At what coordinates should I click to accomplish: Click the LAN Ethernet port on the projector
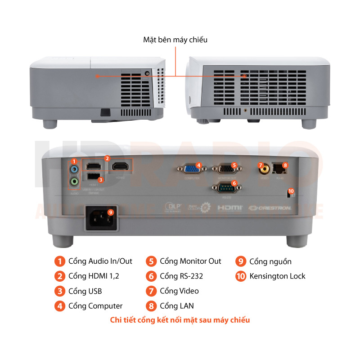click(x=280, y=169)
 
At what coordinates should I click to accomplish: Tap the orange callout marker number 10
click(x=291, y=191)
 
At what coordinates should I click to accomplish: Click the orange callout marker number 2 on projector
click(x=107, y=158)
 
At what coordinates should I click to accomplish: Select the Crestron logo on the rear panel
click(x=270, y=208)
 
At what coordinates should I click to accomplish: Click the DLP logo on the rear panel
click(x=173, y=207)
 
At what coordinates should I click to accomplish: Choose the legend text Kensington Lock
click(x=277, y=276)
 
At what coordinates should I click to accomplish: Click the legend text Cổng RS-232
click(x=184, y=276)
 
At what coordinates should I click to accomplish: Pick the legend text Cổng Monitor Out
click(x=190, y=261)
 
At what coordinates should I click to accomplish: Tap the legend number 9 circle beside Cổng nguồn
click(x=241, y=261)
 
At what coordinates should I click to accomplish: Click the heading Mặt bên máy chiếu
click(x=175, y=40)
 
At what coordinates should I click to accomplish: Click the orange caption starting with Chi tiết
click(x=180, y=320)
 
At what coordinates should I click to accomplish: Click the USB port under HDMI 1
click(x=94, y=177)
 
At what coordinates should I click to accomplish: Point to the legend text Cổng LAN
click(x=176, y=306)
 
